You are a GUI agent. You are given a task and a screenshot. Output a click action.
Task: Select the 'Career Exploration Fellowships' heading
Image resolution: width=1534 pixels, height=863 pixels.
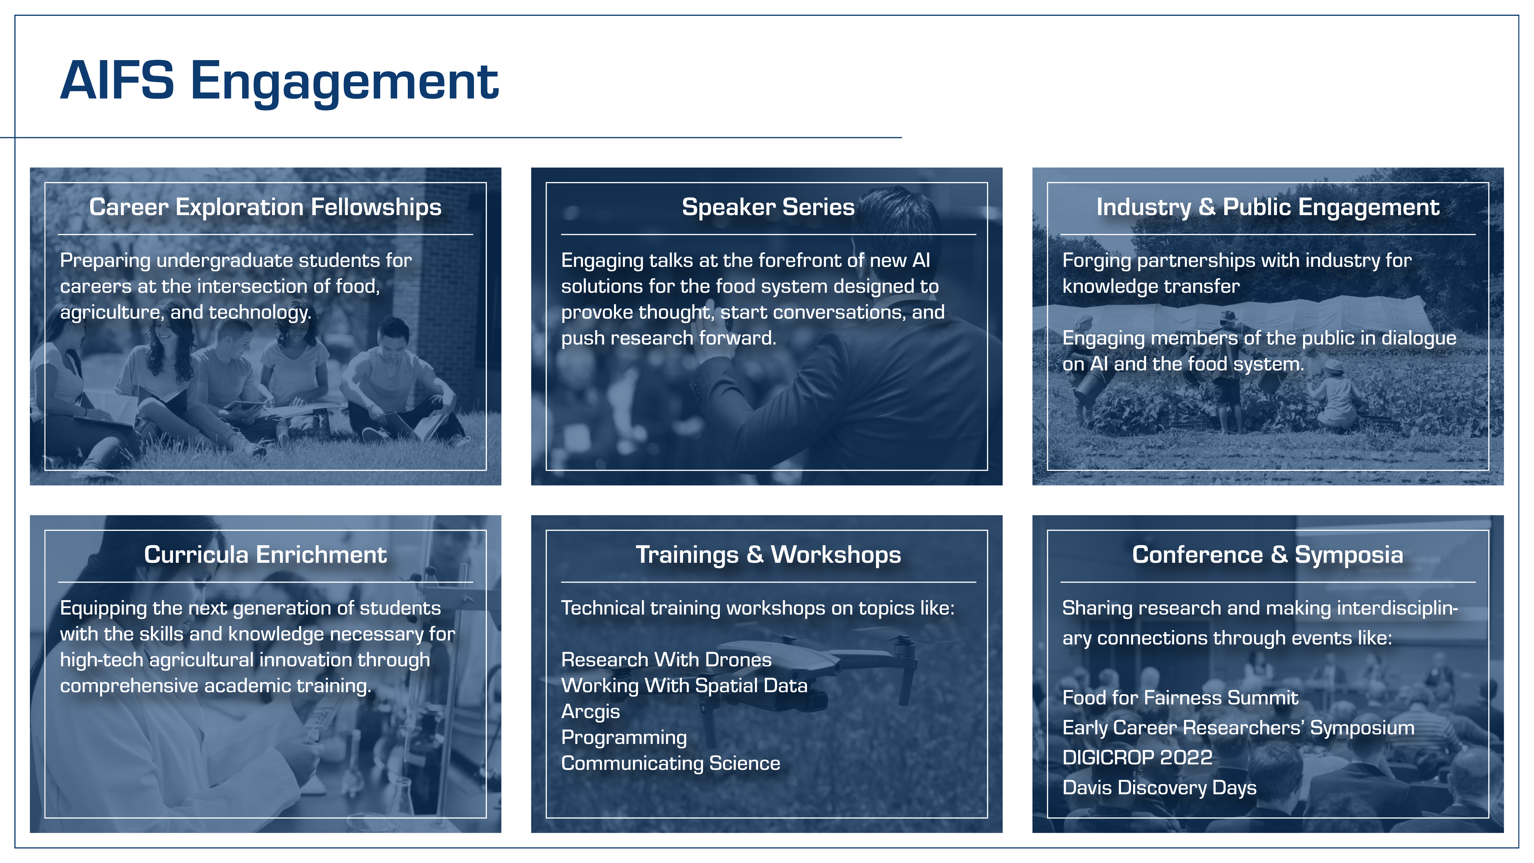[265, 207]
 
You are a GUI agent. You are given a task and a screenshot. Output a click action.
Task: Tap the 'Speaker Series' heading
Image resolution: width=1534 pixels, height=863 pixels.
[768, 207]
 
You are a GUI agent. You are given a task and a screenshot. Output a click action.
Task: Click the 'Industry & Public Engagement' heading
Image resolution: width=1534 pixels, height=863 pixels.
[1268, 207]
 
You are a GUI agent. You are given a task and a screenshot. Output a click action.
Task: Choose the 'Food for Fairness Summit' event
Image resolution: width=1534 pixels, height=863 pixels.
[1180, 698]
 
